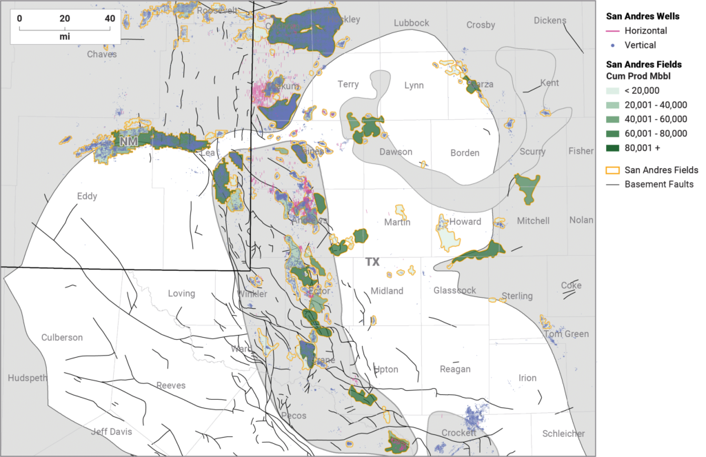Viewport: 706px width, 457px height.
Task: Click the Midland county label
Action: (x=387, y=291)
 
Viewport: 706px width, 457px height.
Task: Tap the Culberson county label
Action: (x=62, y=338)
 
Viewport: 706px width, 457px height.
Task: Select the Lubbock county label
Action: (x=411, y=23)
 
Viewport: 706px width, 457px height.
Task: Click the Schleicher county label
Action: (x=563, y=434)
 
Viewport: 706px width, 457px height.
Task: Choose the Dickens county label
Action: (x=549, y=21)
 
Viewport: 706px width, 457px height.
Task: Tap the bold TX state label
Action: (x=372, y=263)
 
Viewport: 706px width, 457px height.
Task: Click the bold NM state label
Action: (x=128, y=141)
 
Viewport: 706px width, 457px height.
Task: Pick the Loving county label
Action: (x=181, y=294)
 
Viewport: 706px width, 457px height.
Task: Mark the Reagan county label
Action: (x=455, y=369)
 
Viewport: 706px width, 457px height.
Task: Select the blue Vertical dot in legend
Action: (x=612, y=44)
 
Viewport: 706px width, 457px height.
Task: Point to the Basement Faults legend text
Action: (x=658, y=184)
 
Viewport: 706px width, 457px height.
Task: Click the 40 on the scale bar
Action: (x=110, y=19)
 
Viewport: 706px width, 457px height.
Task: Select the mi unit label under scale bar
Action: (x=64, y=36)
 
